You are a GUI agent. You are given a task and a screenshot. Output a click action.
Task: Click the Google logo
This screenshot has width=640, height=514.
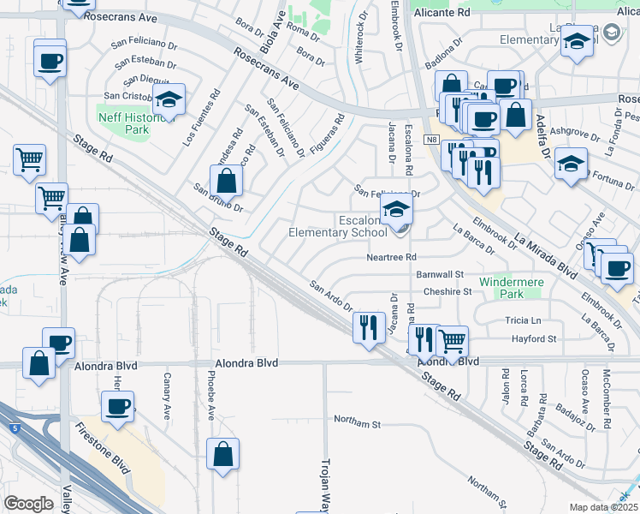tap(28, 504)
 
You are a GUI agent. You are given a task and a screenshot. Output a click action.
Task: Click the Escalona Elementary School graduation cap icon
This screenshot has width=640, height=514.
tap(396, 208)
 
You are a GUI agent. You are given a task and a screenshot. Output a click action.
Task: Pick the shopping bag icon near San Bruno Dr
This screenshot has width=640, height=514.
tap(227, 181)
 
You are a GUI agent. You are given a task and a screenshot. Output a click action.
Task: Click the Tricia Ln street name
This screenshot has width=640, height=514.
tap(524, 320)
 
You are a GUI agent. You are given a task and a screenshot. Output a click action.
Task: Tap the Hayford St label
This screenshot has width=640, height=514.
tap(534, 338)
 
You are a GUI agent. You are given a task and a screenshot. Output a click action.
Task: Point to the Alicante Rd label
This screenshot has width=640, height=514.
tap(441, 14)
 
